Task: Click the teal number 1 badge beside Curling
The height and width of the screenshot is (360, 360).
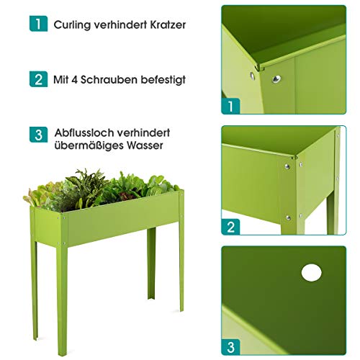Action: (38, 24)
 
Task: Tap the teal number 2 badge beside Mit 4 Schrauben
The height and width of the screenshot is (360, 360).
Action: (38, 79)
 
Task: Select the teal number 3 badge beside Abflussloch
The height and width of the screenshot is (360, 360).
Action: (38, 135)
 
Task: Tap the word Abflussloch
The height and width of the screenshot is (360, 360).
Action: (83, 133)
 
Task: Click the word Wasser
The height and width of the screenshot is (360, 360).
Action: (143, 146)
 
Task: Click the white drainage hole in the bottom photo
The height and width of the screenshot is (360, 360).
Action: (312, 272)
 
